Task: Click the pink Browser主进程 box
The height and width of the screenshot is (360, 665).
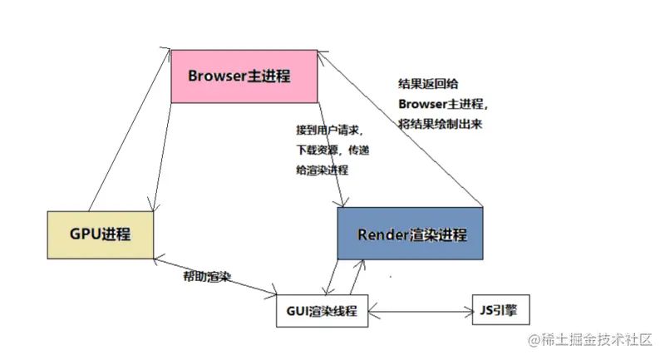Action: click(x=244, y=76)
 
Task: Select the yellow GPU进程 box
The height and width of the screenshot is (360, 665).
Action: click(x=101, y=234)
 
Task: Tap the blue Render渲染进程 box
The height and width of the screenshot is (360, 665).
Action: click(x=409, y=235)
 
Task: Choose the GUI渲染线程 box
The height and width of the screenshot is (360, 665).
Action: click(x=320, y=311)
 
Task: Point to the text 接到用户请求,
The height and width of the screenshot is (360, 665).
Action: click(x=328, y=131)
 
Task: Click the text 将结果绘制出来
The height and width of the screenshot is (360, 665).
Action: click(x=440, y=123)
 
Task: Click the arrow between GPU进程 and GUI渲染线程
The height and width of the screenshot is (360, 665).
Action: click(x=216, y=275)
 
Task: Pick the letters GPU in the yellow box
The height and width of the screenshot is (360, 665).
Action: click(x=85, y=234)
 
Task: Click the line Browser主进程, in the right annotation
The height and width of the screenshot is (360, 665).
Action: click(x=442, y=104)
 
